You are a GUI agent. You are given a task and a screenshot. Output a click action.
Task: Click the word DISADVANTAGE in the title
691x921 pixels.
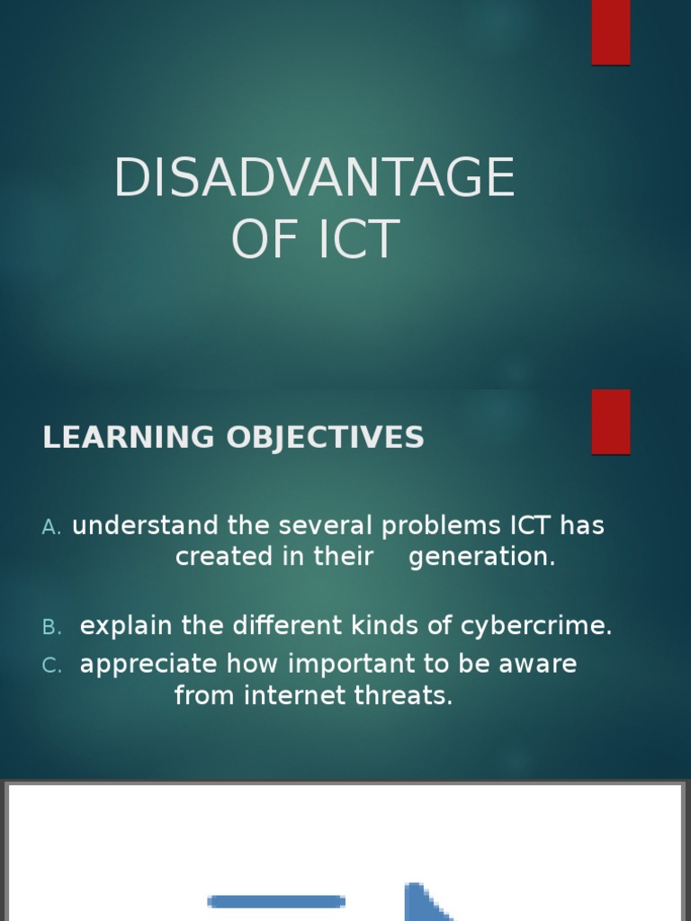click(x=314, y=178)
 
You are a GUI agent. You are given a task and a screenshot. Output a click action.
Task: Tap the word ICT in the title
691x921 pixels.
click(x=358, y=240)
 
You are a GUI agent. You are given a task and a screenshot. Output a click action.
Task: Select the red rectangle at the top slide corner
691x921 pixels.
click(x=611, y=31)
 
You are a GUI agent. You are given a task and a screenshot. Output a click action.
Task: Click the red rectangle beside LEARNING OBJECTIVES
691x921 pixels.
click(x=611, y=421)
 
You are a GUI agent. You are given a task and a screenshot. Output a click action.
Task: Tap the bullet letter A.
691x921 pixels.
click(x=50, y=528)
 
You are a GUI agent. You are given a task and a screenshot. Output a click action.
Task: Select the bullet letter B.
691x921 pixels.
click(x=50, y=628)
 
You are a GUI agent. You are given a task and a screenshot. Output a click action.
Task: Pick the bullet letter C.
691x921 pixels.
click(x=50, y=666)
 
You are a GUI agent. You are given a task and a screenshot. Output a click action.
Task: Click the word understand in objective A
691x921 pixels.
click(x=145, y=526)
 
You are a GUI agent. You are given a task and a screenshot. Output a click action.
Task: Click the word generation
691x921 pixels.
click(x=481, y=558)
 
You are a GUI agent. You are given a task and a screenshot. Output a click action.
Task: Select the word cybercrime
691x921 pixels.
click(x=535, y=626)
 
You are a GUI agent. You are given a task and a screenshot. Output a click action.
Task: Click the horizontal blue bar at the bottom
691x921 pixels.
click(x=276, y=901)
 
